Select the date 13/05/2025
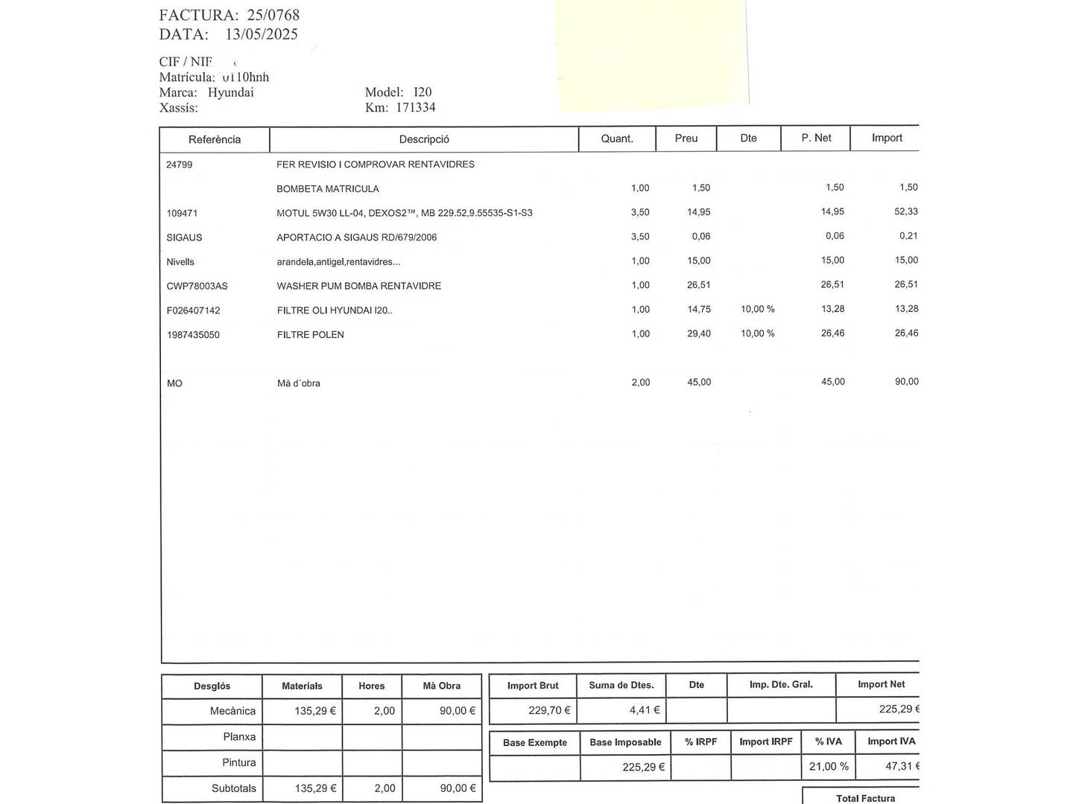[261, 34]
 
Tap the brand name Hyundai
[230, 92]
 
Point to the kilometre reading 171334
[416, 108]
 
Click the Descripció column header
[424, 139]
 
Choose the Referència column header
[215, 139]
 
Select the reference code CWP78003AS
[197, 286]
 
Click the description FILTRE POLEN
[311, 335]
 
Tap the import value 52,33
[906, 211]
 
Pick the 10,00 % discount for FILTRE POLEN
[758, 334]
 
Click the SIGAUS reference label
[184, 237]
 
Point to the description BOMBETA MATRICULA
[328, 189]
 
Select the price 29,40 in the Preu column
[699, 334]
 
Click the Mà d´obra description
[299, 383]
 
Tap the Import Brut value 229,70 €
[549, 710]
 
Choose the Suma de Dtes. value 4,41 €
[645, 710]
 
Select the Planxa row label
[239, 737]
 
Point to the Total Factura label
[865, 798]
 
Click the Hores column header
[372, 686]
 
